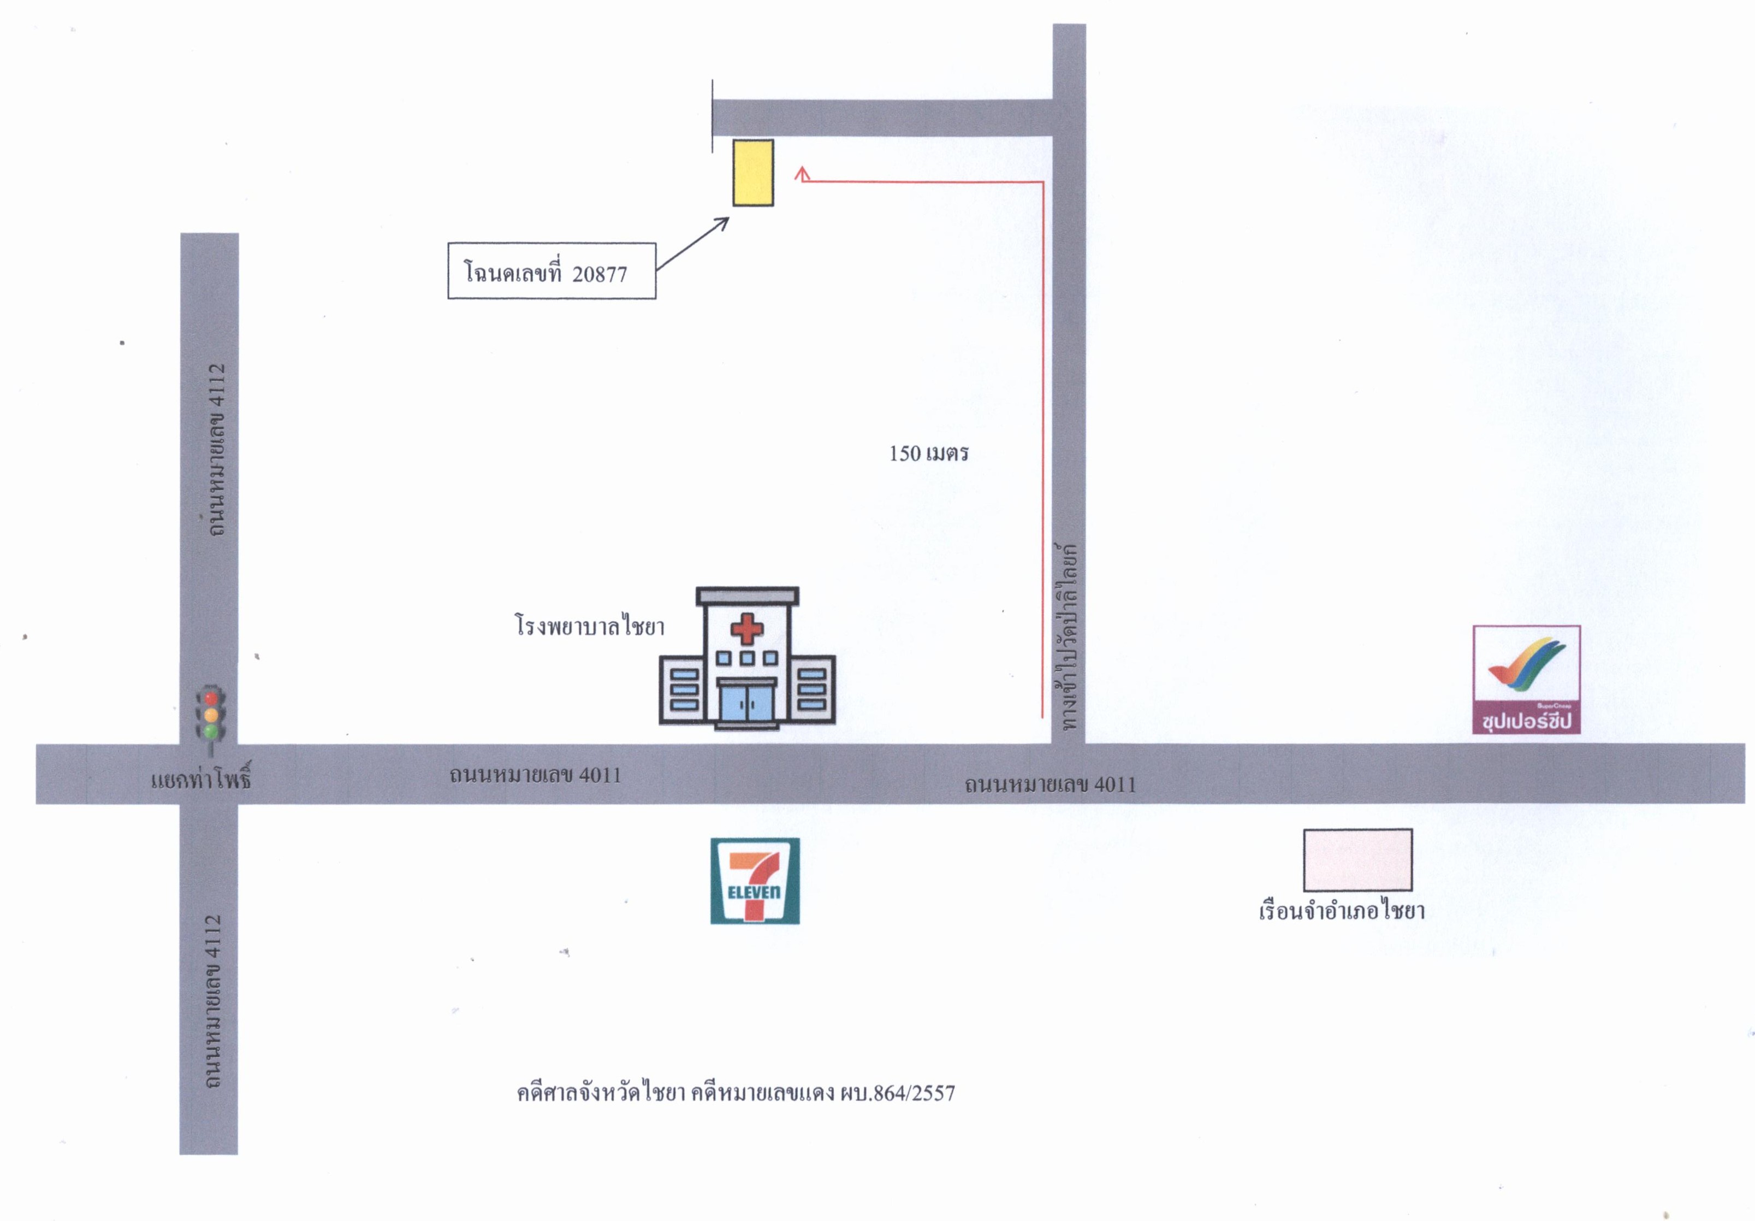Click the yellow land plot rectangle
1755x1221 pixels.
[753, 173]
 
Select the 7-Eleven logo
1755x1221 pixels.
[755, 881]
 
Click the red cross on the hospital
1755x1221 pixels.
[747, 629]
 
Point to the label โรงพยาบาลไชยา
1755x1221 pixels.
[589, 626]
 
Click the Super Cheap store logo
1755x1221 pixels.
[1526, 680]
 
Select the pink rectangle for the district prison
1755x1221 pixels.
[1357, 860]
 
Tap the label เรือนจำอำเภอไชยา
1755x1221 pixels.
[1342, 910]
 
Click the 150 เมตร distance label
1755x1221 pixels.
[929, 453]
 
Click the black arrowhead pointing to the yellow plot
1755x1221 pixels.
[721, 224]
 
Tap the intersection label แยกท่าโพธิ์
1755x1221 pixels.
[201, 780]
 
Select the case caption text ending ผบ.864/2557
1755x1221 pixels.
[736, 1093]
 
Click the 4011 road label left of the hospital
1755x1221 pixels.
[535, 775]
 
